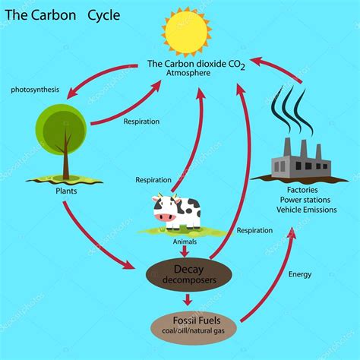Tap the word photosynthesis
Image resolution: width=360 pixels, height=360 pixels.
point(35,90)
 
